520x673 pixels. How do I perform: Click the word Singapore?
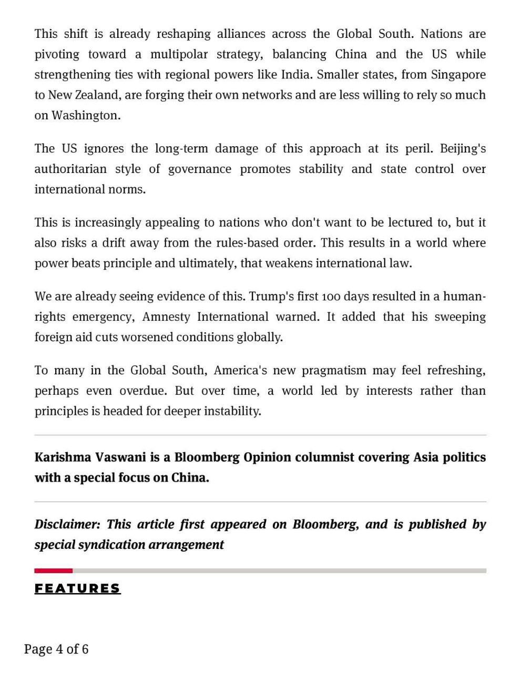458,75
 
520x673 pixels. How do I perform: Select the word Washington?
85,116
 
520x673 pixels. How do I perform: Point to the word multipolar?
179,55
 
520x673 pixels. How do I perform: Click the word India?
295,75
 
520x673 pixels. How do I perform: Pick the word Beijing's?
463,149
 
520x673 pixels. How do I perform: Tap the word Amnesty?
166,317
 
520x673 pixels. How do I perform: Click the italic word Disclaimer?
67,525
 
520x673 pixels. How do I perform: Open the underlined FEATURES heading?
78,588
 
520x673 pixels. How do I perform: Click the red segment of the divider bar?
53,570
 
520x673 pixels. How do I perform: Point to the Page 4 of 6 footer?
56,649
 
